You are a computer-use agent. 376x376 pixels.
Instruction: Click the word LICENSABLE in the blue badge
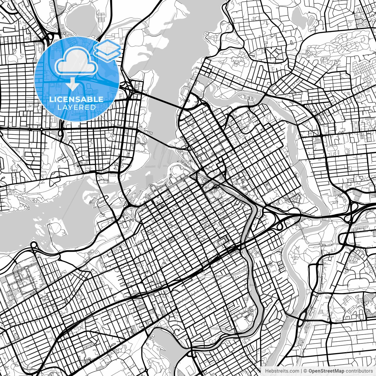(x=76, y=99)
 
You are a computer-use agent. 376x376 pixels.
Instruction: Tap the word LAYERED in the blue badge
(x=76, y=107)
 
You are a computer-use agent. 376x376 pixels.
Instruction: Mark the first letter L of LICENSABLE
(x=51, y=99)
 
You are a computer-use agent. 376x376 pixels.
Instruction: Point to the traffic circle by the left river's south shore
(x=33, y=245)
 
